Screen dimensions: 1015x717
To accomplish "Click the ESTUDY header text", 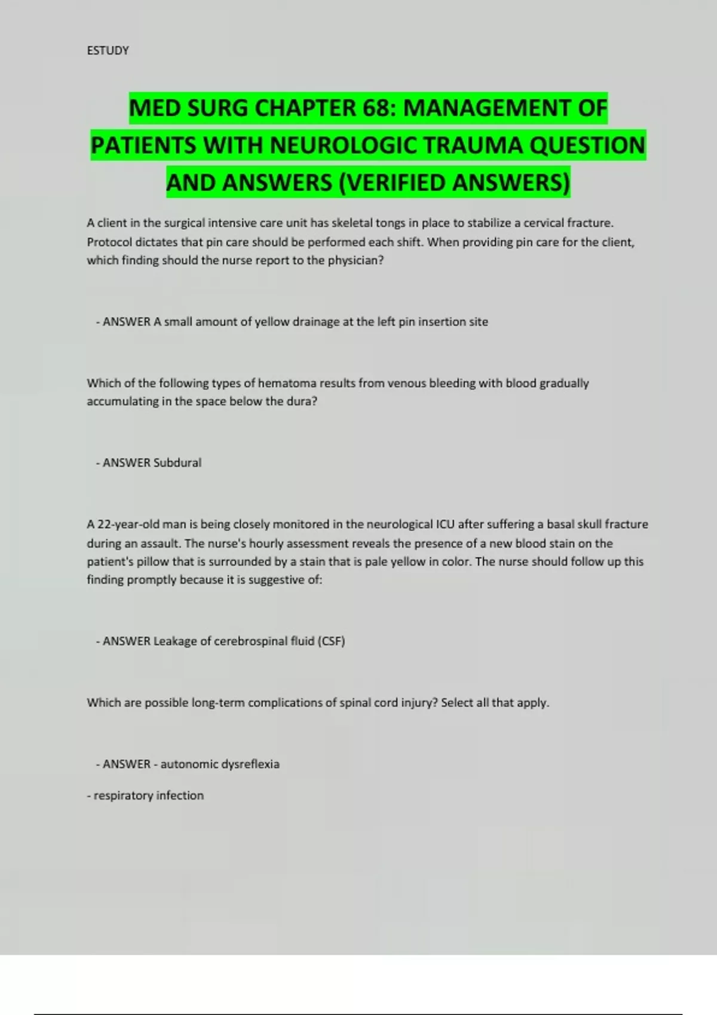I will coord(108,51).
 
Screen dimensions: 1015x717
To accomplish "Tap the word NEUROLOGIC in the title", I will coord(345,146).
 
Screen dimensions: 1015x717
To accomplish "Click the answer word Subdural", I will coord(177,463).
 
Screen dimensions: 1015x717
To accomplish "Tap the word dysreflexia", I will coord(250,764).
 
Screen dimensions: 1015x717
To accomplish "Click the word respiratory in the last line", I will coord(121,796).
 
